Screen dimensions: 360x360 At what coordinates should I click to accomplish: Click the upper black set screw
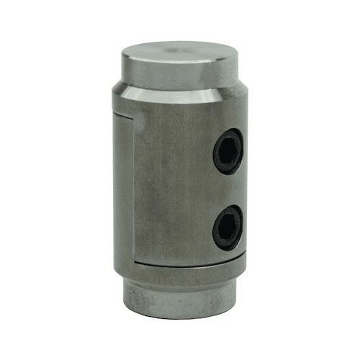click(228, 150)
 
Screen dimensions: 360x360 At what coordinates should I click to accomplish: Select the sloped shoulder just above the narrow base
click(180, 277)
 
